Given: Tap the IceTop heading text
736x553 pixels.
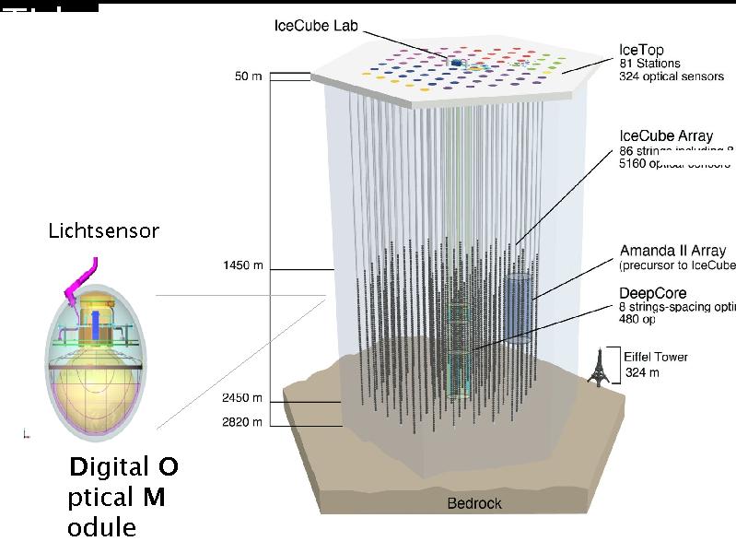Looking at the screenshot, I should (641, 49).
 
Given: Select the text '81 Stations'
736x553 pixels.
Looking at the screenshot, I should (649, 63).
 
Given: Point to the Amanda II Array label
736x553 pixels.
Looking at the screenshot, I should (672, 251).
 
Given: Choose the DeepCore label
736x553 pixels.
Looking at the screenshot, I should (652, 293).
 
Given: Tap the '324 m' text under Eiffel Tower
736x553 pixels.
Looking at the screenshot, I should (641, 373).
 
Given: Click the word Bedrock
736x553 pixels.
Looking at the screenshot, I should (474, 503).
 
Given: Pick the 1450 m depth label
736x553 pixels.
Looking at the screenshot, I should (243, 266).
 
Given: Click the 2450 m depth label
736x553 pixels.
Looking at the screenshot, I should (242, 398).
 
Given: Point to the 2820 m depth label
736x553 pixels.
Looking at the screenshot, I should (242, 422).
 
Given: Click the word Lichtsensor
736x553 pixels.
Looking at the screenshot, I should (103, 231).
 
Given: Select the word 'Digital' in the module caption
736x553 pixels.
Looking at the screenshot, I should (108, 467).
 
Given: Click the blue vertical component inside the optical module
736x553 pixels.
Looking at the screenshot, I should (95, 327).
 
